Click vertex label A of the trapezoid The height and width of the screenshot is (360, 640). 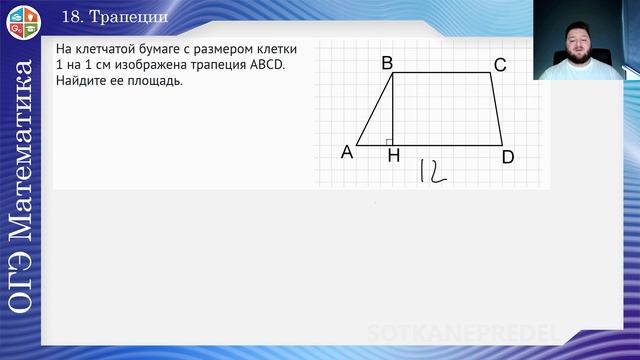pos(347,152)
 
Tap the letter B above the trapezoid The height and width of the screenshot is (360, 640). pos(387,63)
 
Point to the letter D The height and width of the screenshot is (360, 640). pos(508,157)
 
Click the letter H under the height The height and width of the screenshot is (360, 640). pos(393,156)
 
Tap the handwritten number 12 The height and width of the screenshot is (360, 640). pos(432,171)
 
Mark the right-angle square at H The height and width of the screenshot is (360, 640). pos(389,142)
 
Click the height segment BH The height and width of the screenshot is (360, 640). pos(393,108)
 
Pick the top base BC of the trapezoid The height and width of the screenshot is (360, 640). pos(441,72)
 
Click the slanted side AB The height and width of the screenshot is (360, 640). pos(375,108)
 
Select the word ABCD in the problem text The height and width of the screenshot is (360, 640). pos(263,65)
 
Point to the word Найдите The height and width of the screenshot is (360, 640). pos(82,81)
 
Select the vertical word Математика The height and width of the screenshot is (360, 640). pos(21,150)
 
